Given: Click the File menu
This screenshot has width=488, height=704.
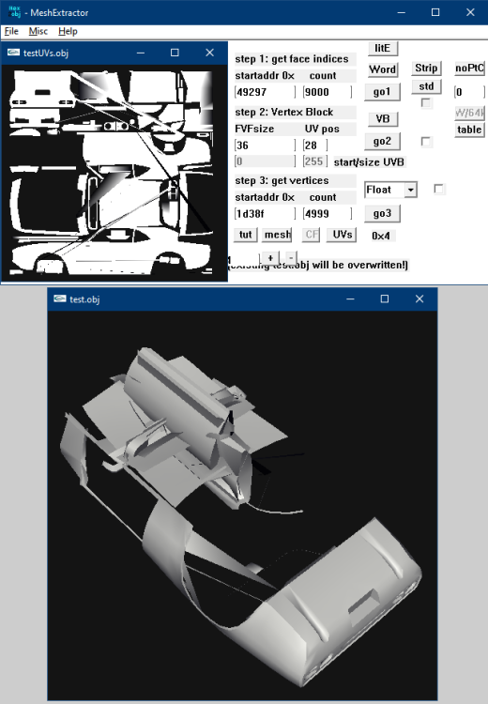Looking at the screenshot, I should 11,31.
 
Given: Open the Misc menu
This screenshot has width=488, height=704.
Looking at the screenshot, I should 38,31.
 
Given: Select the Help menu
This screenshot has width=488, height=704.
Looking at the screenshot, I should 69,31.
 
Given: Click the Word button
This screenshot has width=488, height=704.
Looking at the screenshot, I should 382,69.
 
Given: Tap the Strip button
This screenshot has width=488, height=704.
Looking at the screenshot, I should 426,69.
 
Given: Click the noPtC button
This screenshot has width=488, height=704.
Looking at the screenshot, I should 469,69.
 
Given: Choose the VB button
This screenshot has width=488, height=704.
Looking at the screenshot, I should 382,118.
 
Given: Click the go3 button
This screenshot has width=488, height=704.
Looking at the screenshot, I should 382,213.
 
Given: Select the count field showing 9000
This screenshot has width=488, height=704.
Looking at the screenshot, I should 328,92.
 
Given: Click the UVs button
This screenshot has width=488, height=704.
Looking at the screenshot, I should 343,234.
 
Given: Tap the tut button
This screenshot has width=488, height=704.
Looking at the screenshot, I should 245,234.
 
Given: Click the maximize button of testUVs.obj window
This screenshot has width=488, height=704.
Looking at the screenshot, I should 175,53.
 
